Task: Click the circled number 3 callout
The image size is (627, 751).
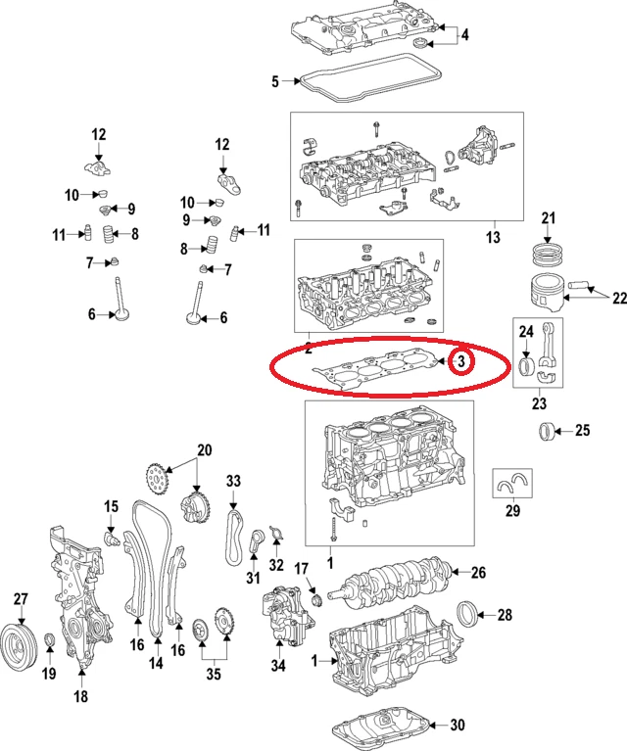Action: (x=461, y=362)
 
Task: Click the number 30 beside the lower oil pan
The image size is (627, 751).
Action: (x=457, y=726)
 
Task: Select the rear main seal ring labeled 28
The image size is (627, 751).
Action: (x=471, y=615)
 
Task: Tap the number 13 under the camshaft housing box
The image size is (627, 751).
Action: (x=493, y=238)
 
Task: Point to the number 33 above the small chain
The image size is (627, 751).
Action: (x=233, y=481)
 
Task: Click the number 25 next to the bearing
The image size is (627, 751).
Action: (x=582, y=430)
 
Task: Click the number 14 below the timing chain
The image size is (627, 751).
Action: (x=155, y=664)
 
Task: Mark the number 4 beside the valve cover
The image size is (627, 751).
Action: (x=464, y=35)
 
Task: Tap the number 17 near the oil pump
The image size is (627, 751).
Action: (x=302, y=568)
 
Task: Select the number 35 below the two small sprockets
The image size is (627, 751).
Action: (x=214, y=674)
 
